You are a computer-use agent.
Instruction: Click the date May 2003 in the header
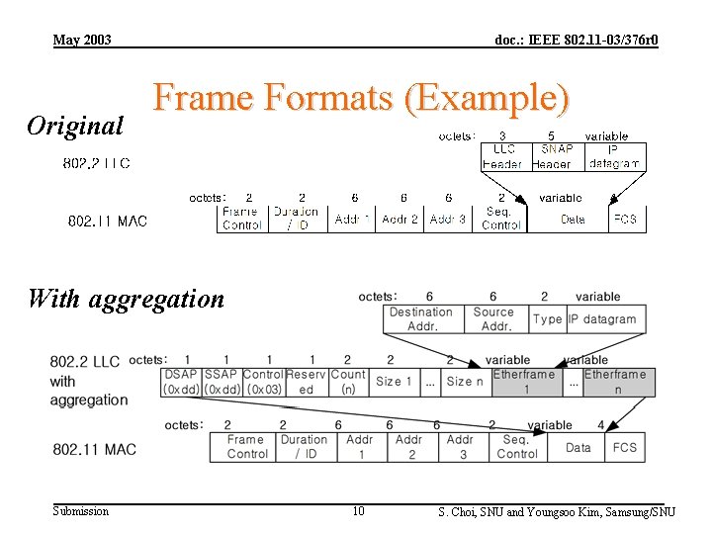pos(82,40)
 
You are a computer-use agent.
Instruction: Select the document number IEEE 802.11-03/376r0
pos(576,40)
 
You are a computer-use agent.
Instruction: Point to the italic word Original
pos(75,126)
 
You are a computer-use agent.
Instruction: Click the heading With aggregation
pos(126,298)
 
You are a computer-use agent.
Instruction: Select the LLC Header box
pos(503,156)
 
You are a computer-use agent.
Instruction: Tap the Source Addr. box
pos(492,318)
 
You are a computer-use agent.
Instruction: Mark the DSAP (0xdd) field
pos(180,382)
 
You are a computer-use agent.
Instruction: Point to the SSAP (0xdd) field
pos(221,382)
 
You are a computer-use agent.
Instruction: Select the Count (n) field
pos(347,382)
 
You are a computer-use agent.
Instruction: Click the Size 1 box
pos(390,382)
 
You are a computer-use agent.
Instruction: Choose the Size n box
pos(465,382)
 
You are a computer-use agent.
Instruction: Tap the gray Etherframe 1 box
pos(524,382)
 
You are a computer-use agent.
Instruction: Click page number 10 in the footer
pos(358,511)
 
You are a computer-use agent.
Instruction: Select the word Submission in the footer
pos(81,511)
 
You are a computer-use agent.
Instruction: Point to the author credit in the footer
pos(557,511)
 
